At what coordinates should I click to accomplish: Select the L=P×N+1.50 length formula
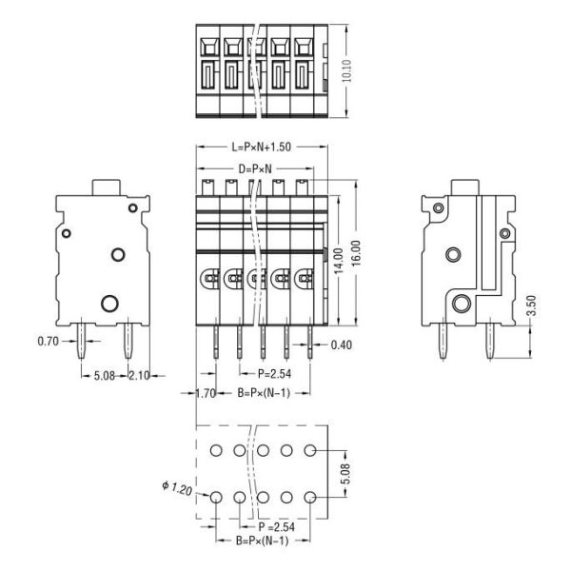260,148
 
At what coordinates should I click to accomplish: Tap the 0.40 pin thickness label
343,345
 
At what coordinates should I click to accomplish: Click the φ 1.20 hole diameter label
178,488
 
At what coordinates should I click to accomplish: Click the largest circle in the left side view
109,304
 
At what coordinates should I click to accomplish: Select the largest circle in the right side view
463,304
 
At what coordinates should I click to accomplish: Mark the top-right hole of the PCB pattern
310,449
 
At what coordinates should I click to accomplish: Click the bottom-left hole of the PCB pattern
215,497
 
